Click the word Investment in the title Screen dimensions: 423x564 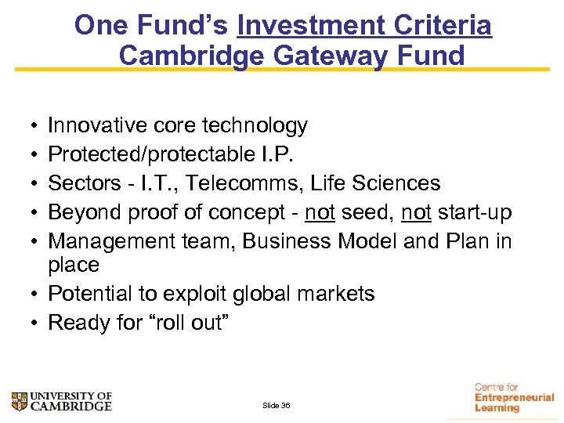[x=313, y=26]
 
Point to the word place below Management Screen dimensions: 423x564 [x=74, y=265]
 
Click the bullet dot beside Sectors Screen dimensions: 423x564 [x=27, y=184]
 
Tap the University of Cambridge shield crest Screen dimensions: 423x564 [x=19, y=401]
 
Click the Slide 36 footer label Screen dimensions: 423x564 [x=276, y=406]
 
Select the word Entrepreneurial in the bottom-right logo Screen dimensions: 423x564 [x=514, y=398]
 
